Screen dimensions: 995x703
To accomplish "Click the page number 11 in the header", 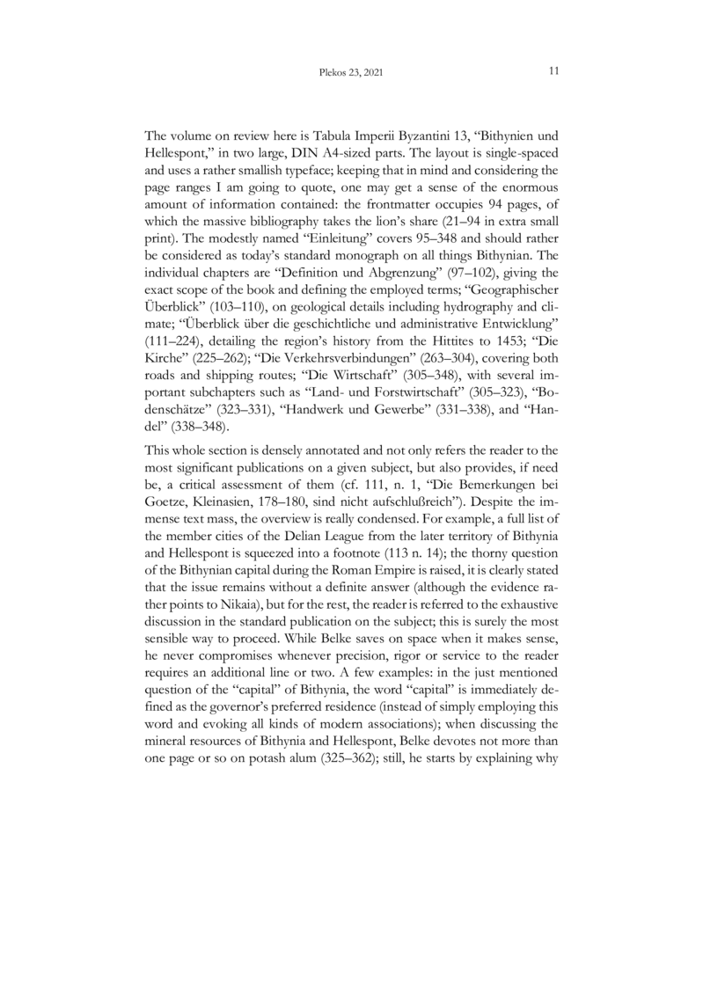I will tap(554, 71).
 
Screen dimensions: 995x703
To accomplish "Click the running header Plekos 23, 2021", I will tap(352, 72).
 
